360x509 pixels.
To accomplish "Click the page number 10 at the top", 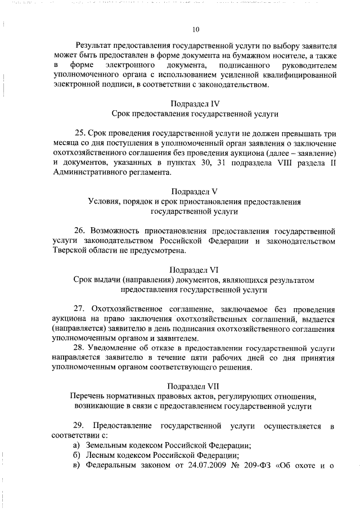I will pos(195,30).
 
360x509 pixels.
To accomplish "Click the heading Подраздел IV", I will pos(195,103).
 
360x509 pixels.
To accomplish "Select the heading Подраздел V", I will pos(195,191).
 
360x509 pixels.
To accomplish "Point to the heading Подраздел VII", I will pos(195,386).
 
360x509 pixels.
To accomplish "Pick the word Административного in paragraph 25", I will pos(91,172).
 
